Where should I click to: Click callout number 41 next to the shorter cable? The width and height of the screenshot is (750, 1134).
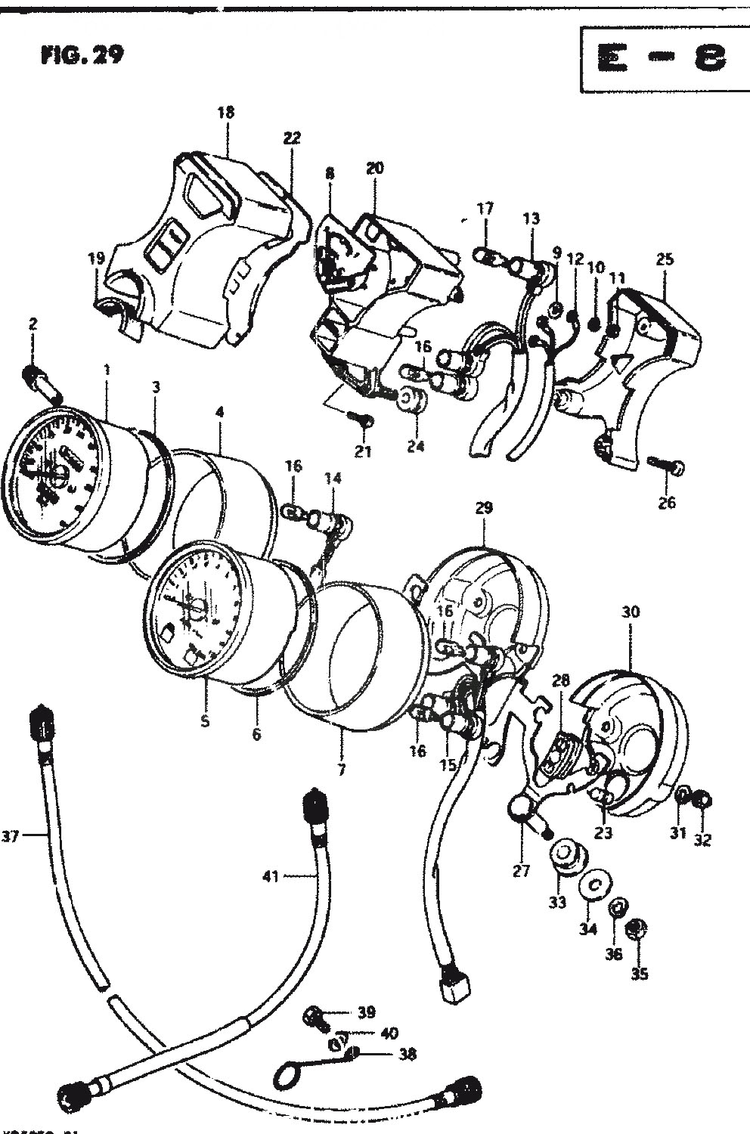(x=270, y=876)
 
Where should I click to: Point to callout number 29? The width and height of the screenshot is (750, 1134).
(x=483, y=508)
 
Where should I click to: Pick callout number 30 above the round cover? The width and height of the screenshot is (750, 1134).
(x=630, y=612)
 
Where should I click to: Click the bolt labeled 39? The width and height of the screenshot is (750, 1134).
(x=315, y=1017)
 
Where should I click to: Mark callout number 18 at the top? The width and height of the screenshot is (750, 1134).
(x=225, y=113)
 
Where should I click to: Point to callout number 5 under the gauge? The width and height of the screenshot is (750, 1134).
(x=205, y=721)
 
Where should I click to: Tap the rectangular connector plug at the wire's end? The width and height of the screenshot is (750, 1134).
(x=453, y=987)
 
